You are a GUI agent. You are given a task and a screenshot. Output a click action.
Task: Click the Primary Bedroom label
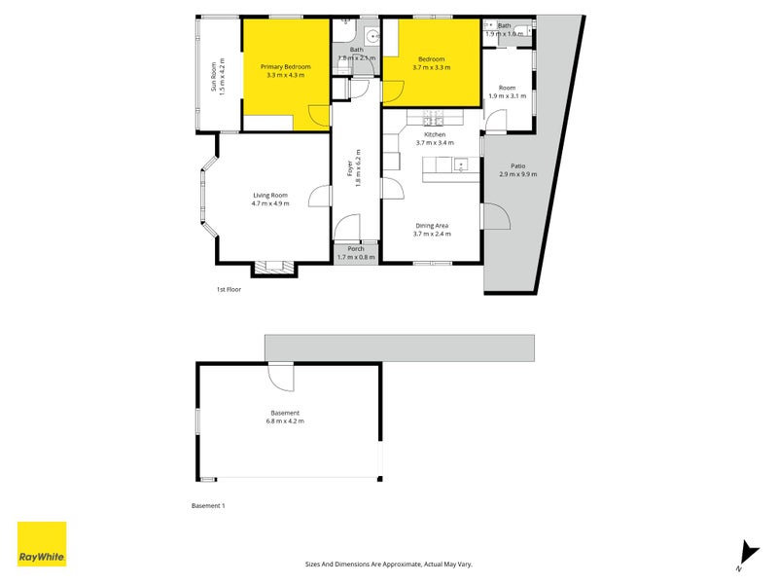coord(285,66)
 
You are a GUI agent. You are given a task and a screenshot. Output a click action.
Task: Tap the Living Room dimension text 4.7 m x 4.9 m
coord(270,203)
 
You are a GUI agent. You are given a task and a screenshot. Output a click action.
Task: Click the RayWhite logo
coord(42,544)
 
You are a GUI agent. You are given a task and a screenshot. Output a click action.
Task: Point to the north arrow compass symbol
coord(748,555)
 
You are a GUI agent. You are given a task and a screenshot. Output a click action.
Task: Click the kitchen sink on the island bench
coord(461,164)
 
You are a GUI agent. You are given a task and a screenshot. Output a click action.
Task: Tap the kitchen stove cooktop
coord(433,118)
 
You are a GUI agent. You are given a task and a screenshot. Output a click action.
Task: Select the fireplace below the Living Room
coord(274,267)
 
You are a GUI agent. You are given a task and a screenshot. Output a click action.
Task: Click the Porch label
coord(356,249)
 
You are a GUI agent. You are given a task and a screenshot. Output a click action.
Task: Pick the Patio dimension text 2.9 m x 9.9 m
coord(518,174)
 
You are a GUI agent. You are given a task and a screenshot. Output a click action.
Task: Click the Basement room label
coord(285,413)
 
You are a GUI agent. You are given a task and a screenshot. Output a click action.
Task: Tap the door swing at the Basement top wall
coord(281,378)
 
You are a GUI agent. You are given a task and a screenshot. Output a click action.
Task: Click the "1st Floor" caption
coord(229,289)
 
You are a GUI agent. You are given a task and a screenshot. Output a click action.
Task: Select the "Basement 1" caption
coord(208,505)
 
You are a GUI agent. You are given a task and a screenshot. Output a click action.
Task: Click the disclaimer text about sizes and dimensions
coord(388,565)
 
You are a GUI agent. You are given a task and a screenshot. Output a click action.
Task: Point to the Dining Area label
coord(432,226)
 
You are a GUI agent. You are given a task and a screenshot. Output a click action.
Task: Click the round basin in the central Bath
coord(371,36)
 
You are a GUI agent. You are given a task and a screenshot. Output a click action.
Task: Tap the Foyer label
coord(350,167)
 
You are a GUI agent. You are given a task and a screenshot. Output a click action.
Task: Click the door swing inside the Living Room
coord(320,197)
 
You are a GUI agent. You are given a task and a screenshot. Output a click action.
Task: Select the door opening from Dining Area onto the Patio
coord(496,216)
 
